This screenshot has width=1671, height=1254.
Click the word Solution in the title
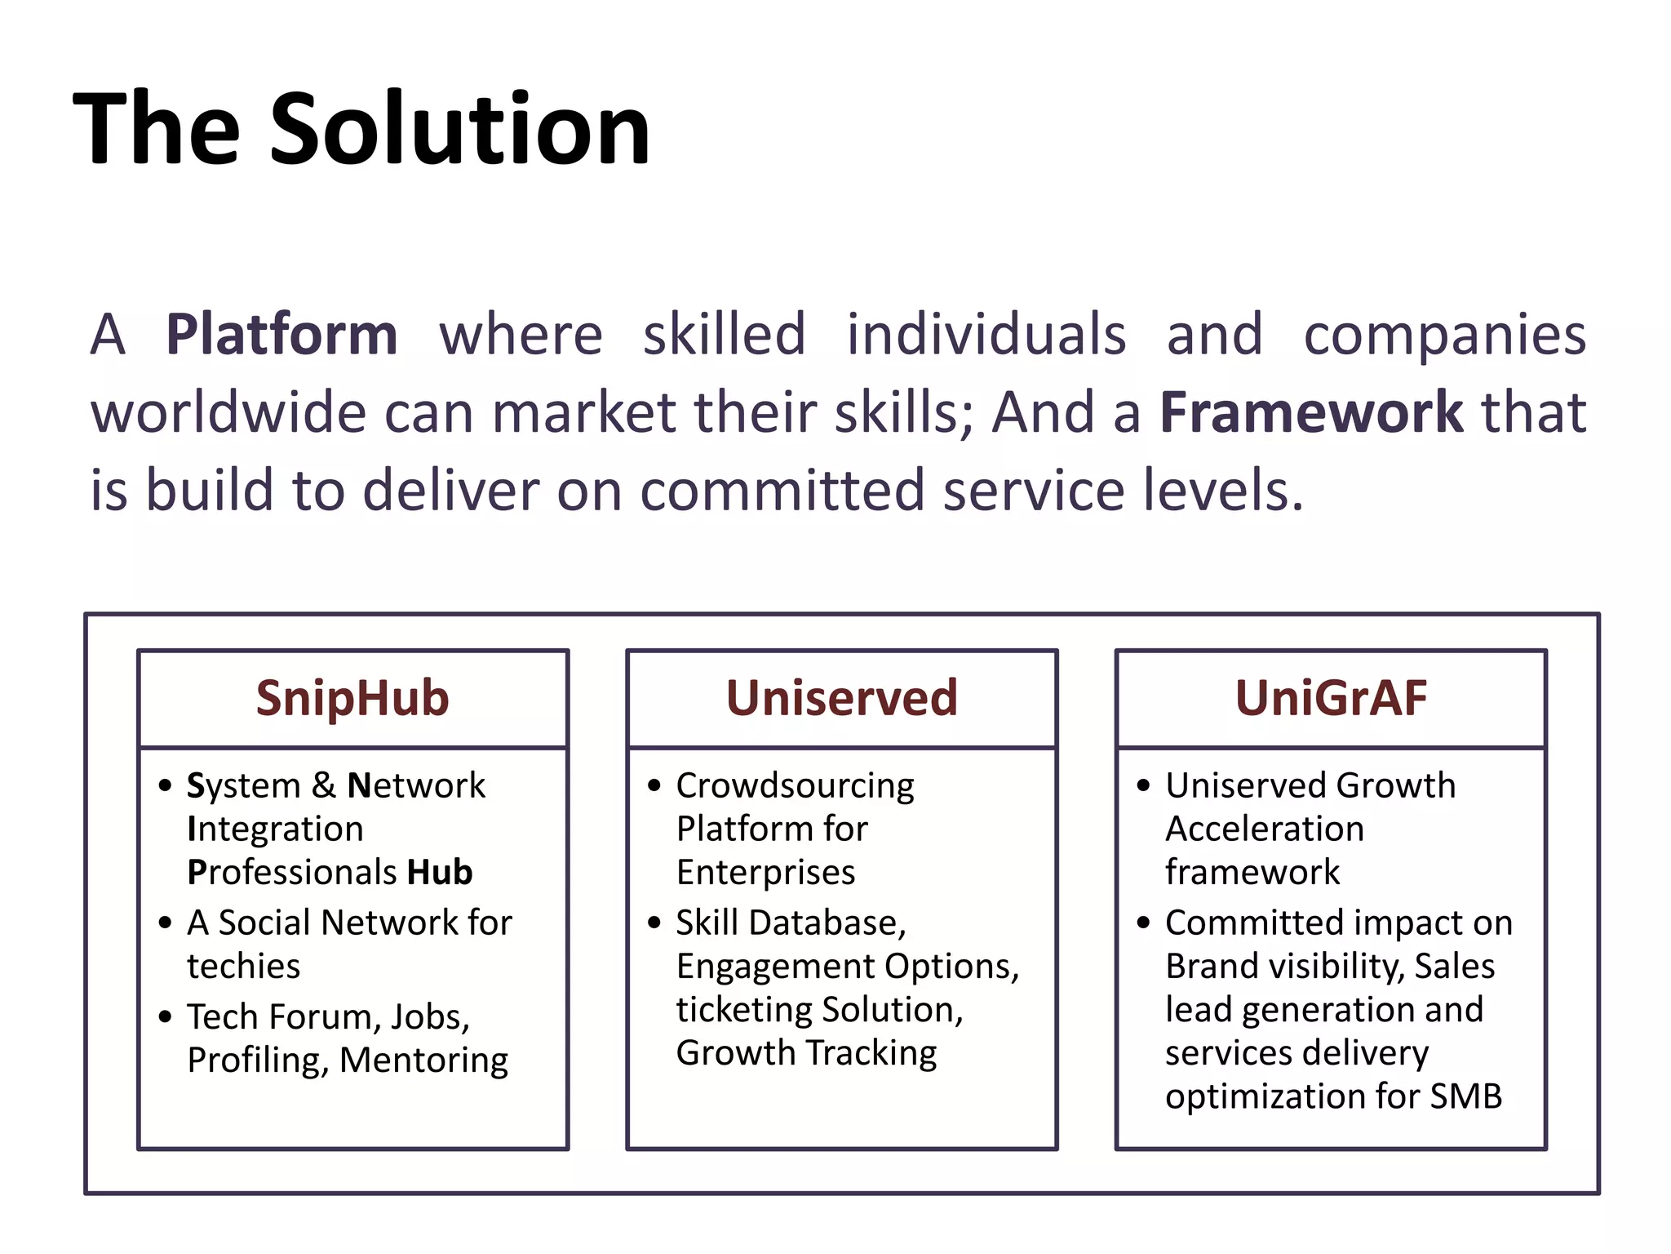[x=459, y=129]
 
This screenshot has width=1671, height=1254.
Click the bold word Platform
[x=281, y=335]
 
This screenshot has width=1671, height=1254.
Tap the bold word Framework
[x=1311, y=411]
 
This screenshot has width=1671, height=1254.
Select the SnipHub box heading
[x=352, y=698]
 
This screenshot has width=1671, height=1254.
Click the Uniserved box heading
[x=841, y=698]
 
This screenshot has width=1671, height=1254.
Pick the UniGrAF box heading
[x=1331, y=698]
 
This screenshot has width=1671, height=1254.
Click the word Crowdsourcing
[x=795, y=786]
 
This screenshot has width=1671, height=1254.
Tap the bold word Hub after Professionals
[x=440, y=872]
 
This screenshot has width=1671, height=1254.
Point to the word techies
[x=243, y=966]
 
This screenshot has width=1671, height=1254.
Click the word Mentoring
[x=423, y=1061]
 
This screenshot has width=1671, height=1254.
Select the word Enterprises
[x=765, y=873]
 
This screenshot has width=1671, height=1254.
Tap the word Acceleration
[x=1264, y=829]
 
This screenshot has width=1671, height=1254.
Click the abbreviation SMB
[x=1465, y=1096]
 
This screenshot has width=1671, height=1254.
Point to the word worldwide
[x=228, y=411]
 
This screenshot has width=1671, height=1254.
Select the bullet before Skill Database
[x=654, y=923]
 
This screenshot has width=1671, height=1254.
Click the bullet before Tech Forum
[x=166, y=1017]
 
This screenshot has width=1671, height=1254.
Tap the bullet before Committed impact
[x=1143, y=923]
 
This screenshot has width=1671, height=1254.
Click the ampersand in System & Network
[x=323, y=785]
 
